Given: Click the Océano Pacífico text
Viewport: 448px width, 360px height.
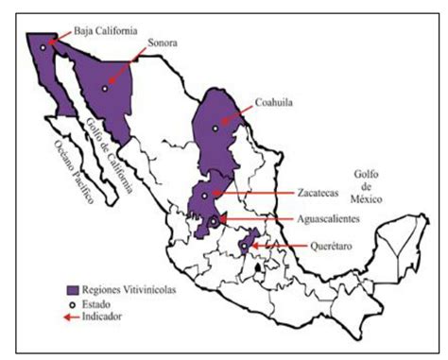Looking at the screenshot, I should [x=68, y=169].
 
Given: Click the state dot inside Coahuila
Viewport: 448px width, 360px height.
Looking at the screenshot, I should [x=215, y=127].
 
